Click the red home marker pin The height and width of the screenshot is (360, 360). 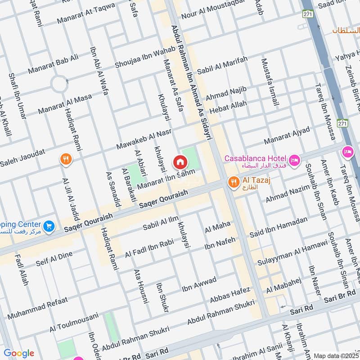pos(180,162)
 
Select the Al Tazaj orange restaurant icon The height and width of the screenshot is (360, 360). pos(233,182)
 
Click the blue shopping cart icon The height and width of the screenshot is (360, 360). pos(49,226)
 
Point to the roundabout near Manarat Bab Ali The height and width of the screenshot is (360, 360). pos(59,84)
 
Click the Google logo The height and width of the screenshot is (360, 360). pos(18,353)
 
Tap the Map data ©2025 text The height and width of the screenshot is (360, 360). pos(336,355)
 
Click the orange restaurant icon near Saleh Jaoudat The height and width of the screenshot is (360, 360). pos(66,159)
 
